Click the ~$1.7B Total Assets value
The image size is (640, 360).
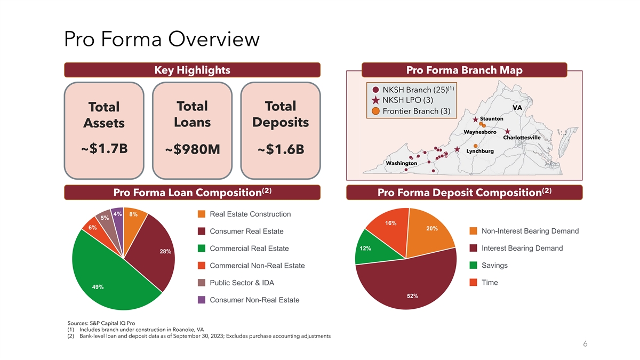(x=105, y=149)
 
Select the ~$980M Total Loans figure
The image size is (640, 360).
(x=193, y=149)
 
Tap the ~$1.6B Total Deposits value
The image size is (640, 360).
(x=281, y=149)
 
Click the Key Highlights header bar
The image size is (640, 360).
(x=193, y=70)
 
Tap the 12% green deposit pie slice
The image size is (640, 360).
(x=371, y=250)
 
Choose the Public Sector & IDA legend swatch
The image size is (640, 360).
(x=202, y=283)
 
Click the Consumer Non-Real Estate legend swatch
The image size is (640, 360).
(x=202, y=300)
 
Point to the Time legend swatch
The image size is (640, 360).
(x=473, y=283)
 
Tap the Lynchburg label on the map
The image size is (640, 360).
(x=480, y=151)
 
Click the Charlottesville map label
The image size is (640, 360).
(x=522, y=138)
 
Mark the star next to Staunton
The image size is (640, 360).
(x=475, y=119)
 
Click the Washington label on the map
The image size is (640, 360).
(x=402, y=163)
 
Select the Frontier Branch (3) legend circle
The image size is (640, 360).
(x=375, y=111)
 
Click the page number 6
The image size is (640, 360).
(x=585, y=343)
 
